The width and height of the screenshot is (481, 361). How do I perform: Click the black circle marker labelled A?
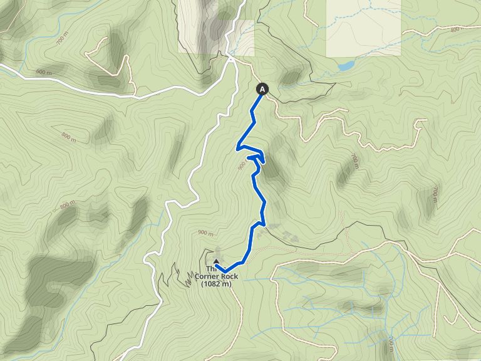click(262, 89)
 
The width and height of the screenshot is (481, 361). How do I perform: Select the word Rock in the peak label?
click(230, 276)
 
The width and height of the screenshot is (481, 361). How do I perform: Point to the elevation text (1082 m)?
click(217, 284)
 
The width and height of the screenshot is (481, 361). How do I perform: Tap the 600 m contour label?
click(43, 72)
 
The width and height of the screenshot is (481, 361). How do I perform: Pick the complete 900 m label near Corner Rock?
click(205, 233)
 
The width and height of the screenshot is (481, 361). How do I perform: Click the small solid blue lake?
click(345, 65)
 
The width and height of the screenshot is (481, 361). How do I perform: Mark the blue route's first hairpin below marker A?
click(238, 148)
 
